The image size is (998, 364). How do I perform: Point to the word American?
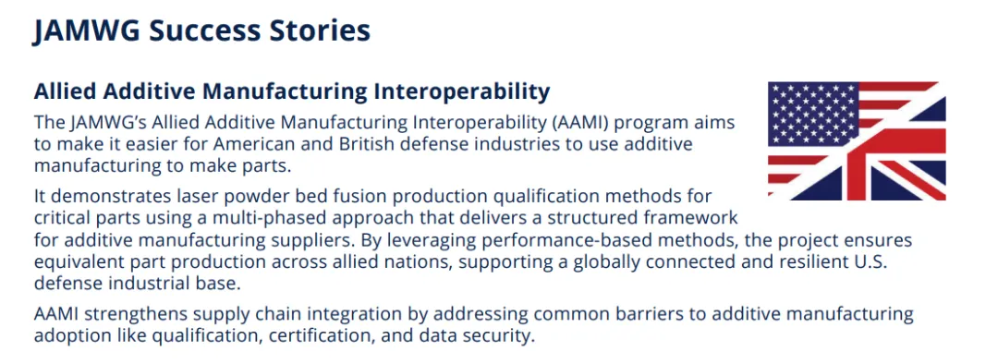click(203, 144)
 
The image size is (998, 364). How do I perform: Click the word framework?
click(694, 218)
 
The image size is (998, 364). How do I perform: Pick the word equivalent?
click(73, 263)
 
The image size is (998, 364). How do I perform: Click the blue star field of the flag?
click(813, 114)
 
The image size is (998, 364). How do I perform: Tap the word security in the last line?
click(500, 335)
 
